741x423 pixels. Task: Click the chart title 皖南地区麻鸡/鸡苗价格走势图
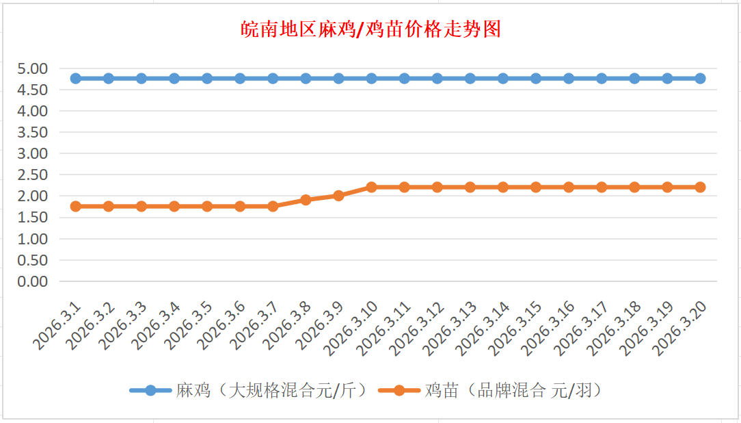[x=371, y=29]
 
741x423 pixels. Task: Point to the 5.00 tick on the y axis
[x=33, y=68]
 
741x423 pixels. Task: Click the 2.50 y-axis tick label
[x=33, y=175]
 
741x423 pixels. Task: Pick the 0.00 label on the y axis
[x=33, y=281]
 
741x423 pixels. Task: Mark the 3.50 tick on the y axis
[x=33, y=132]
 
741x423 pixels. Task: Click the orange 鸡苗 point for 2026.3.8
[x=306, y=200]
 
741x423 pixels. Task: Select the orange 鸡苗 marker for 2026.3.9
[x=338, y=196]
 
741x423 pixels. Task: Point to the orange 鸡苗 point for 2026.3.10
[x=371, y=187]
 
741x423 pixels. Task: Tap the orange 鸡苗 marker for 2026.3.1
[x=75, y=206]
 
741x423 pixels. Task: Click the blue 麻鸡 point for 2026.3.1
[x=75, y=78]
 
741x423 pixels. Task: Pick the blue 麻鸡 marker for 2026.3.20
[x=700, y=78]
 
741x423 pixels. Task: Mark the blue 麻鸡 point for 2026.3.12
[x=437, y=78]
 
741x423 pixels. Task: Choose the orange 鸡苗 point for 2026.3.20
[x=700, y=187]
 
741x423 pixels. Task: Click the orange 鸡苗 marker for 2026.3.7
[x=273, y=206]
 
